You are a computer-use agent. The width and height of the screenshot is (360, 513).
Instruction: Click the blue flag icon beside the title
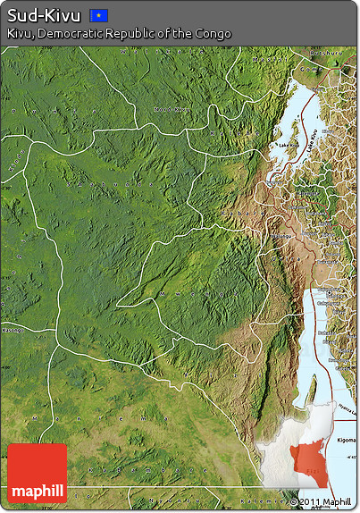point(99,15)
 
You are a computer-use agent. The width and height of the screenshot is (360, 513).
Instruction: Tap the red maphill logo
point(37,474)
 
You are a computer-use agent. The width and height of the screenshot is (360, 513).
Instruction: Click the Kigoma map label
point(343,417)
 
